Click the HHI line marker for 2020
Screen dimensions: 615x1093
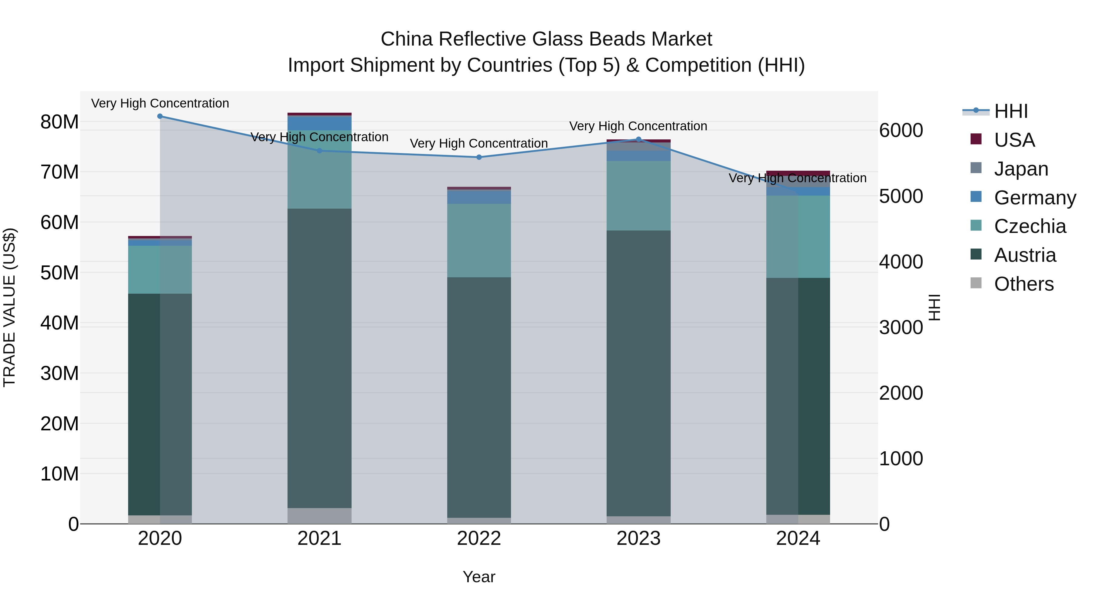(x=160, y=116)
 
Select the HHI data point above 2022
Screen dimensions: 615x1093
(x=479, y=157)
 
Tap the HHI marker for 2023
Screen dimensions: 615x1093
(x=638, y=139)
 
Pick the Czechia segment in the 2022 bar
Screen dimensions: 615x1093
(x=479, y=240)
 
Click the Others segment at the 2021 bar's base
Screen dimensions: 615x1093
(x=319, y=516)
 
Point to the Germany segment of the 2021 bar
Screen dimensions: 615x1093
(x=319, y=123)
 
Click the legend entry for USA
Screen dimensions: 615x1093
(x=1014, y=140)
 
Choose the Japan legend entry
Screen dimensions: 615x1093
(x=1021, y=169)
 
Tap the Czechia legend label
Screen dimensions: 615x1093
(x=1030, y=226)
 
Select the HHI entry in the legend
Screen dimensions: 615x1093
(x=1011, y=111)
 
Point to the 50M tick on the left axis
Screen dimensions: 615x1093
(x=60, y=272)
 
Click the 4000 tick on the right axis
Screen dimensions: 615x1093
(x=901, y=262)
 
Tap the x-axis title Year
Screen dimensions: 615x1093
(x=479, y=577)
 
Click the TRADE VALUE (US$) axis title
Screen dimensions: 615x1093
(x=9, y=307)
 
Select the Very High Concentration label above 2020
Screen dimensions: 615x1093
(x=160, y=103)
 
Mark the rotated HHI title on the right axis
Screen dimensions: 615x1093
(x=935, y=307)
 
